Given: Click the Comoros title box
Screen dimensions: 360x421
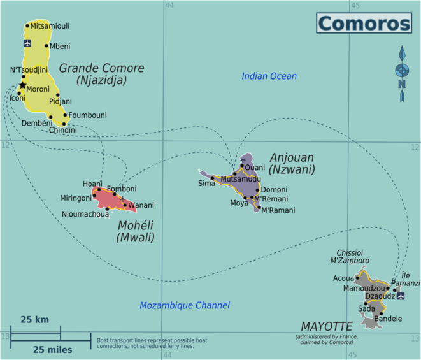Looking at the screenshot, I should tap(364, 23).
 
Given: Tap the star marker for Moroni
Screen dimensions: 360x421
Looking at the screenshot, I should tap(22, 85).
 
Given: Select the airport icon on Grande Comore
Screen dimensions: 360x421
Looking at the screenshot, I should tap(27, 43).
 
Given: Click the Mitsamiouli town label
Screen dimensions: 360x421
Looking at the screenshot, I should tap(50, 26).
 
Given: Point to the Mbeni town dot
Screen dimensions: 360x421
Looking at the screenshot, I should tap(46, 45).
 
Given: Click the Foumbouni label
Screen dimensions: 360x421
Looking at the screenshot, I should tap(88, 115).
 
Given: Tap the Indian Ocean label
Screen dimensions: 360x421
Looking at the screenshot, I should tap(269, 76).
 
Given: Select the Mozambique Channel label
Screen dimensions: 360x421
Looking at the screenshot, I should tap(185, 306).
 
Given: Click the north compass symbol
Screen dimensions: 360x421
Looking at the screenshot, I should tap(401, 73).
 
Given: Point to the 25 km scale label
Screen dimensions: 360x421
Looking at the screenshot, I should tap(34, 319).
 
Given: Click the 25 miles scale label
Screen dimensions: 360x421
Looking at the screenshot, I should tap(52, 349).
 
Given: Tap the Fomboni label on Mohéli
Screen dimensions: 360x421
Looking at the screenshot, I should tap(122, 189).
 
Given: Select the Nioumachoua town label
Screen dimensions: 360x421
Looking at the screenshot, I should tap(85, 213).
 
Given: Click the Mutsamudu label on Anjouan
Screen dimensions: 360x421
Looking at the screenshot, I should tap(240, 180).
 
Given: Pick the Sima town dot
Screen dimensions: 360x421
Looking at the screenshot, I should tap(213, 178).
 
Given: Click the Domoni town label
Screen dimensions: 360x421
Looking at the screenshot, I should tap(274, 190).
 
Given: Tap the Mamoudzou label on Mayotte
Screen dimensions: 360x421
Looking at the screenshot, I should tap(364, 288).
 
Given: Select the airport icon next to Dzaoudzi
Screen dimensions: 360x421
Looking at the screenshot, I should tap(401, 296).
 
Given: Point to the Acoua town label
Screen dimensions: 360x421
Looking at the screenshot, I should tap(343, 278).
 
